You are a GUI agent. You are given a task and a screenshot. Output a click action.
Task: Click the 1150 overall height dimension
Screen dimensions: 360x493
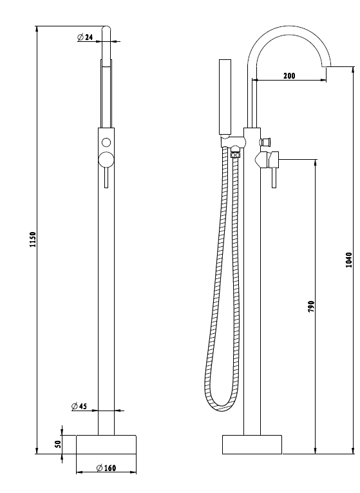pos(33,240)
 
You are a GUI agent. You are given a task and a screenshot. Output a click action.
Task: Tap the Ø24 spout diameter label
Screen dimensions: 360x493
pos(85,37)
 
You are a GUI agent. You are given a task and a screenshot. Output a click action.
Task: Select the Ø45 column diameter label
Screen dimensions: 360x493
pos(79,406)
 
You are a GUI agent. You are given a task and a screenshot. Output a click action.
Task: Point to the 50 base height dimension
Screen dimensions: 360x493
pos(58,444)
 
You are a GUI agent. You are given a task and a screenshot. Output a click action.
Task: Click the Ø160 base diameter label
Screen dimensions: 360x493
pos(106,468)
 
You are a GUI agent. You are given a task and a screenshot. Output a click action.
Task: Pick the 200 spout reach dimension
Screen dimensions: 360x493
pos(289,76)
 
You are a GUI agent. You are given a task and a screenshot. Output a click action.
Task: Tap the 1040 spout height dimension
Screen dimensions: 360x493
pos(348,260)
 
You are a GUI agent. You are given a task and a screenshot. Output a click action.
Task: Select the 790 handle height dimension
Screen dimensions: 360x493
pos(311,307)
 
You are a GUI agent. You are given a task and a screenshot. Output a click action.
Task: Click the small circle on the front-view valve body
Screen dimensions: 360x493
pos(106,142)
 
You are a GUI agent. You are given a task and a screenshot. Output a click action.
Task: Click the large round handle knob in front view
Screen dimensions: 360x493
pos(106,160)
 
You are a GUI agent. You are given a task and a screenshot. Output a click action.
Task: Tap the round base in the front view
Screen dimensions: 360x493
pos(106,445)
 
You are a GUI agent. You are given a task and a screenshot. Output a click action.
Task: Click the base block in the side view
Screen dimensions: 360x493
pos(252,445)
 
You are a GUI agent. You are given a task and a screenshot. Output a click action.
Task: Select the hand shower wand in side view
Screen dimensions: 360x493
pos(225,97)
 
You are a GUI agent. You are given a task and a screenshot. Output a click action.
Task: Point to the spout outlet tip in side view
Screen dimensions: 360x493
pos(327,66)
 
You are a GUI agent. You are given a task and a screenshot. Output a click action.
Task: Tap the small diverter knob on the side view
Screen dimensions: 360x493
pos(266,142)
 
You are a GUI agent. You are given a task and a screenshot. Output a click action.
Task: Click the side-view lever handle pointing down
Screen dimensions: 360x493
pos(274,178)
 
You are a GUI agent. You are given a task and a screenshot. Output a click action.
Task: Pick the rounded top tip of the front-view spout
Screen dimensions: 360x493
pos(106,28)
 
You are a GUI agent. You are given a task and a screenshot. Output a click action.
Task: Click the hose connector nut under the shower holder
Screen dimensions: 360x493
pos(235,155)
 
